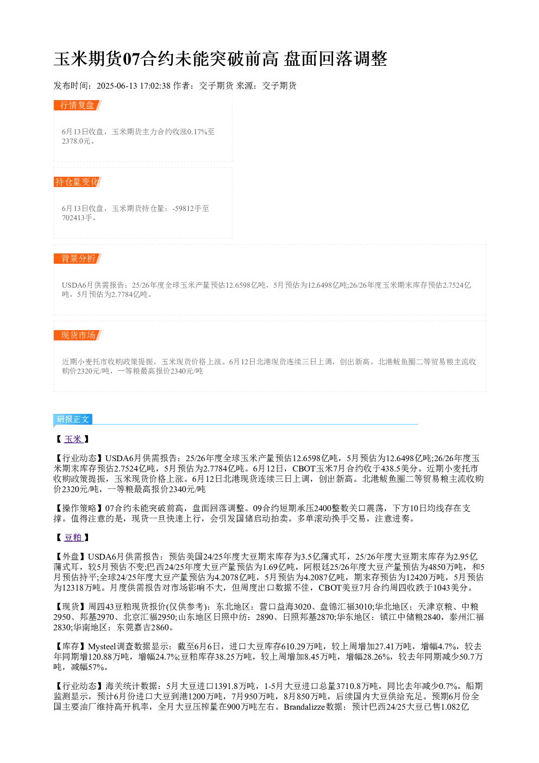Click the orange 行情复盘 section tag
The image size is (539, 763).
click(78, 106)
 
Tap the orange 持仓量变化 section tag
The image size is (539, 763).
click(78, 182)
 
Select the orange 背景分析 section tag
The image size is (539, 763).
click(78, 258)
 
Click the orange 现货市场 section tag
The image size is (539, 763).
click(78, 335)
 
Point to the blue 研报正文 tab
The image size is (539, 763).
click(73, 419)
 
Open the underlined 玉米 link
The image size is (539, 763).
click(73, 439)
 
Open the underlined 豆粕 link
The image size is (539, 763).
click(73, 537)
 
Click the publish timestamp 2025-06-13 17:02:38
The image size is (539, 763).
click(133, 85)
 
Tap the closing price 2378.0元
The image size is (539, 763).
click(76, 141)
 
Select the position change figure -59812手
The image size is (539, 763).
click(187, 208)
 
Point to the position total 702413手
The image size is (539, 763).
click(77, 218)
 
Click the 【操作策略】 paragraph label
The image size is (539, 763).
click(79, 508)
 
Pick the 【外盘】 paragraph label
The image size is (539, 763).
click(71, 557)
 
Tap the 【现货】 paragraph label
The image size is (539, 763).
click(71, 607)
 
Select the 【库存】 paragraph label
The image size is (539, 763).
click(71, 646)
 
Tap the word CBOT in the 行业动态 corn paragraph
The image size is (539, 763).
click(304, 469)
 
